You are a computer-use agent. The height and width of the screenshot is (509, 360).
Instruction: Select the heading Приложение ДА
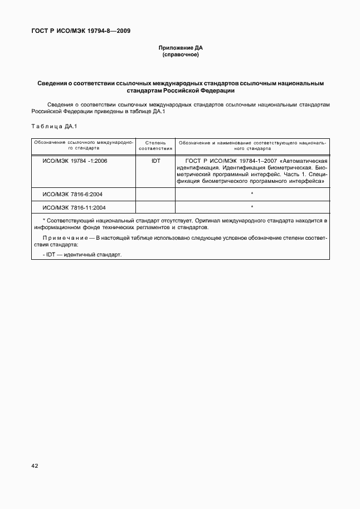click(x=180, y=49)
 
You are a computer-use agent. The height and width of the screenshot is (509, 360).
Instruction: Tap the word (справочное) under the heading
click(x=180, y=55)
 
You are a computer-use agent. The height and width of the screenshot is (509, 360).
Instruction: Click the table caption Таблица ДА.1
click(x=54, y=127)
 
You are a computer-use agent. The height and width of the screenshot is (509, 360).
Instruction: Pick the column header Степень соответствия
click(x=155, y=146)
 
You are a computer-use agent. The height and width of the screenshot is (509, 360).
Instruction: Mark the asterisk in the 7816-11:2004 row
click(x=252, y=207)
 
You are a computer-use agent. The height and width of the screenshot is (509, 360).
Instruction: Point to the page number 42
click(x=35, y=465)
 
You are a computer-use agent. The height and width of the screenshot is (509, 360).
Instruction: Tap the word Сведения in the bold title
click(x=52, y=83)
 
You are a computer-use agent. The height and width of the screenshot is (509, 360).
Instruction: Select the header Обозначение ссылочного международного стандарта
click(x=83, y=146)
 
